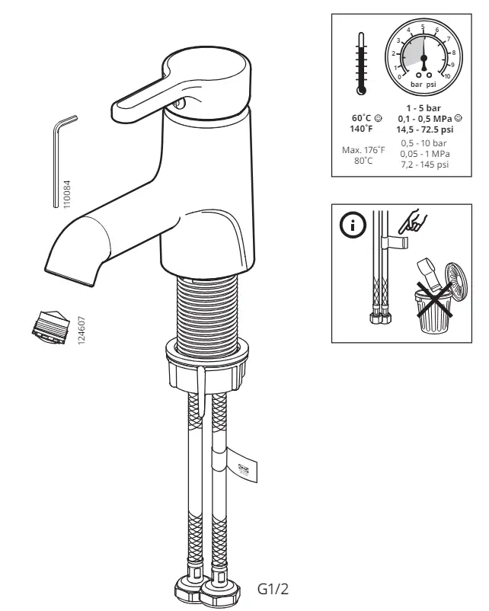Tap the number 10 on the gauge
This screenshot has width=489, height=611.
click(446, 75)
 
